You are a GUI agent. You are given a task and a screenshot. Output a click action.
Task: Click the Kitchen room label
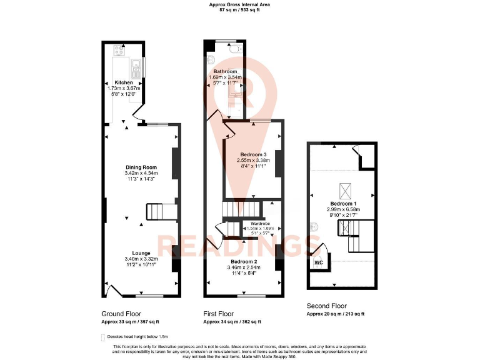coord(123,82)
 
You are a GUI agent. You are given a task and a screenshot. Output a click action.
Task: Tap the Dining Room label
coord(141,167)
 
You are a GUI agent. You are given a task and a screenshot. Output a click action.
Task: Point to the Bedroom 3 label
coord(252,154)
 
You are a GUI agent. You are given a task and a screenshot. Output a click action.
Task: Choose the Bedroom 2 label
coord(243,261)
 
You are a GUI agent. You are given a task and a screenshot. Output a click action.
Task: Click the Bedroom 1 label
coord(342,203)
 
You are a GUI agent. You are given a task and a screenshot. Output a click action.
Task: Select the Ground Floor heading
coord(121,314)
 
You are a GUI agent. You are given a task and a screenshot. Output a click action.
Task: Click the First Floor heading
coord(219,314)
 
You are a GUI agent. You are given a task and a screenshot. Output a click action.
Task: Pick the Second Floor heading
coord(326,306)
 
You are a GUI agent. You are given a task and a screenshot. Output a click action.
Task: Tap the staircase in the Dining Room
coord(159,212)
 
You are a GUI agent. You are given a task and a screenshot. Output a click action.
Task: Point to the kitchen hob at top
coord(117,49)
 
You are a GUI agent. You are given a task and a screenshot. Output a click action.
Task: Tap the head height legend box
coord(103,337)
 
